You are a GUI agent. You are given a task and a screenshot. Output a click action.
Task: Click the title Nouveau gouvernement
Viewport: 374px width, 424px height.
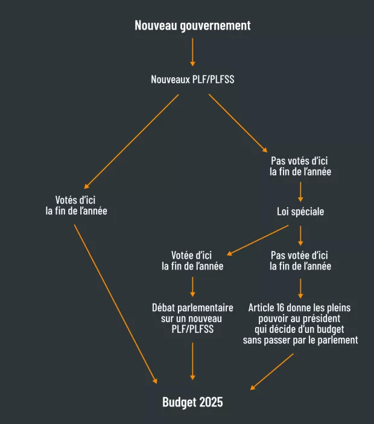[x=192, y=25]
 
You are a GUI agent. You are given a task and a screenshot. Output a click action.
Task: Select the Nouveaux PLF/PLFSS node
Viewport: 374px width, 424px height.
[x=192, y=79]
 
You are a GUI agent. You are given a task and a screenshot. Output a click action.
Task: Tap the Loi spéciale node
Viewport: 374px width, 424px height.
[x=300, y=212]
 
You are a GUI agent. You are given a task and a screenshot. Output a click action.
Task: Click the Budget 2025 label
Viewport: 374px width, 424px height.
[x=192, y=402]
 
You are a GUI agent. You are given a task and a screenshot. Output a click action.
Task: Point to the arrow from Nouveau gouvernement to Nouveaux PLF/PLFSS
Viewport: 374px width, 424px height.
[x=192, y=52]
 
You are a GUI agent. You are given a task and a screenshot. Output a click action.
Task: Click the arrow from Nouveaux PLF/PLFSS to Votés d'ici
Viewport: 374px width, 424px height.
[x=133, y=141]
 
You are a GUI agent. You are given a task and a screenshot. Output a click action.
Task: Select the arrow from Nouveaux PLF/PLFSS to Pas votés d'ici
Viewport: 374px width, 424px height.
[x=237, y=123]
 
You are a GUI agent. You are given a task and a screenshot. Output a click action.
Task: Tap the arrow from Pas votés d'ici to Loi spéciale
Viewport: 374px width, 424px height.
[x=300, y=191]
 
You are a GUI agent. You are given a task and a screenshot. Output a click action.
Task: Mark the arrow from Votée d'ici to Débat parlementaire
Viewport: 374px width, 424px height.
[x=192, y=286]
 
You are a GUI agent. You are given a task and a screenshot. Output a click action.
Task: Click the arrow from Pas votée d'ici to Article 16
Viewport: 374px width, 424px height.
[x=300, y=288]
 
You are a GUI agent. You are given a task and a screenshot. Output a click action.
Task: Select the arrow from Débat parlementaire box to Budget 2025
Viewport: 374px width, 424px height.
[x=192, y=360]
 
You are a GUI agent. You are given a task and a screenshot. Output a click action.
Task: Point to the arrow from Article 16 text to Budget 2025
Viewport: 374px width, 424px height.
[x=272, y=371]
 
